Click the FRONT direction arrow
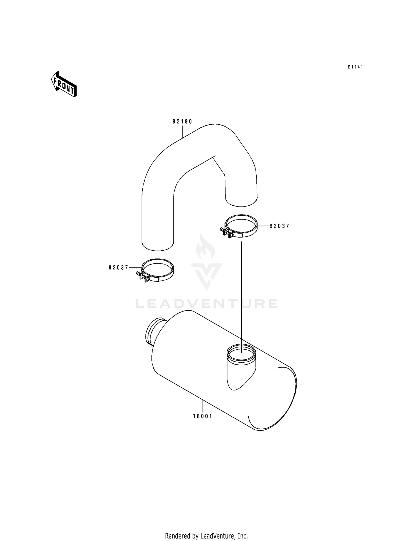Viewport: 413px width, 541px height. tap(64, 84)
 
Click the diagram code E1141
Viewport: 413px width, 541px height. tap(355, 67)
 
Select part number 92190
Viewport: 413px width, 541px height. tap(182, 121)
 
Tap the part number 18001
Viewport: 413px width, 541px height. tap(203, 416)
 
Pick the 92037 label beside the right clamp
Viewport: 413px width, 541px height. tap(279, 226)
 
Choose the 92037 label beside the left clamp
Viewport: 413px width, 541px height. tap(119, 267)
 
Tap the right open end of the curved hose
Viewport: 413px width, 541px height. tap(241, 200)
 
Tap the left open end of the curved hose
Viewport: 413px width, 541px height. tap(157, 245)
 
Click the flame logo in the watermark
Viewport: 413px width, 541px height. tap(206, 247)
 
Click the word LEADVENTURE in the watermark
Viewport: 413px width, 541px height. tap(206, 304)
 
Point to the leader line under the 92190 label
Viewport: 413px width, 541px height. tap(183, 131)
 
